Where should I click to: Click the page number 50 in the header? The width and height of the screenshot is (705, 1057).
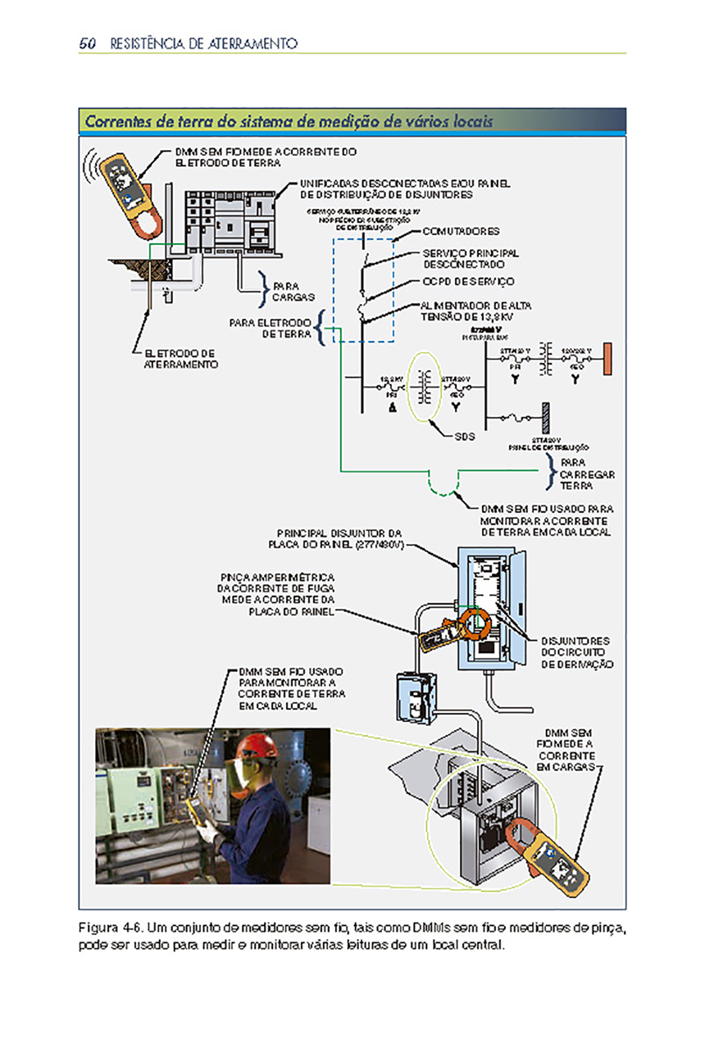[x=89, y=43]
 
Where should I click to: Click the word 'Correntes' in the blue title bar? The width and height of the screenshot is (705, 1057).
[x=115, y=122]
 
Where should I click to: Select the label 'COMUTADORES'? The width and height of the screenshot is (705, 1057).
[x=461, y=231]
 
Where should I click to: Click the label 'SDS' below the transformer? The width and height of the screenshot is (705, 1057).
[x=465, y=437]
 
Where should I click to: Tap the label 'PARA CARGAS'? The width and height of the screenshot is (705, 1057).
[x=288, y=291]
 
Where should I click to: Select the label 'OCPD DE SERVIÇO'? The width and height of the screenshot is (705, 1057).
[x=468, y=282]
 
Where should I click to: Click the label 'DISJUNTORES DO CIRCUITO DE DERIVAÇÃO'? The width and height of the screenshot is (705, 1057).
[x=577, y=652]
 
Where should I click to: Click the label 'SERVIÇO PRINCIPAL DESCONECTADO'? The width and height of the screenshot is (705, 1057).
[x=471, y=259]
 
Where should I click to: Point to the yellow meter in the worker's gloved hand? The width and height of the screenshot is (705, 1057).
[x=194, y=809]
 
